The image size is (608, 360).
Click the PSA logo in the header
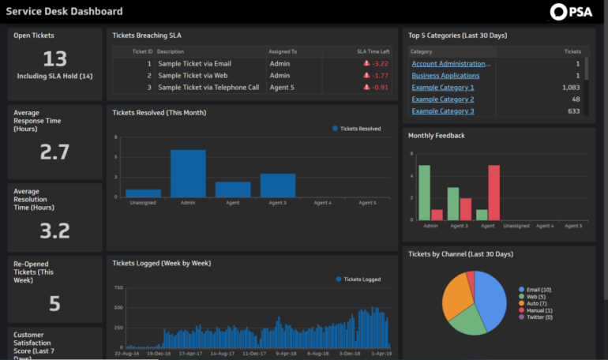click(x=571, y=11)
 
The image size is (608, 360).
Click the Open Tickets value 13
click(x=54, y=59)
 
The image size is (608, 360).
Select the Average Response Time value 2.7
click(x=54, y=152)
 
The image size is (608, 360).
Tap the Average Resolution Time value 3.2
click(x=54, y=231)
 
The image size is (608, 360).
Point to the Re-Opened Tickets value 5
click(x=54, y=303)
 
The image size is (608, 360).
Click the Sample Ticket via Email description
click(x=194, y=63)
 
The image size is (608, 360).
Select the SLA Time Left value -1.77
click(x=376, y=76)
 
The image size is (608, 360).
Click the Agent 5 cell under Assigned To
click(x=282, y=88)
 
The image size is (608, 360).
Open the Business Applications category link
click(x=445, y=76)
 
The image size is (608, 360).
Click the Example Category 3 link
click(x=443, y=111)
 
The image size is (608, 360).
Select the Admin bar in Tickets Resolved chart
click(x=188, y=173)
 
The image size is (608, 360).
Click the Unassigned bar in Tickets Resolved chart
click(x=143, y=193)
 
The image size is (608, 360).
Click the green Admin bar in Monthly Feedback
click(x=425, y=192)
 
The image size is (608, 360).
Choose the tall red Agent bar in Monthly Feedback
click(x=494, y=192)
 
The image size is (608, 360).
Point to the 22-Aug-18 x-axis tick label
click(x=127, y=354)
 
